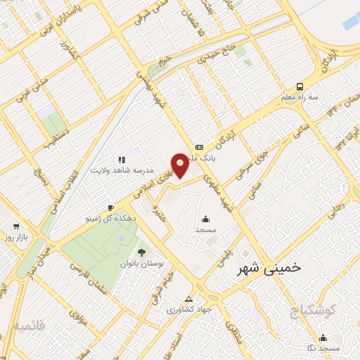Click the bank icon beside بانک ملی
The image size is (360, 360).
pos(199,147)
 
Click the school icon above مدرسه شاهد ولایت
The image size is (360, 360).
pos(121,160)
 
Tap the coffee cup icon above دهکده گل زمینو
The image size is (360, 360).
pos(110,207)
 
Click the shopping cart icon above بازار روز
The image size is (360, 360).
pos(15,227)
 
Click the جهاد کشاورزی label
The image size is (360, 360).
pos(186,309)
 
